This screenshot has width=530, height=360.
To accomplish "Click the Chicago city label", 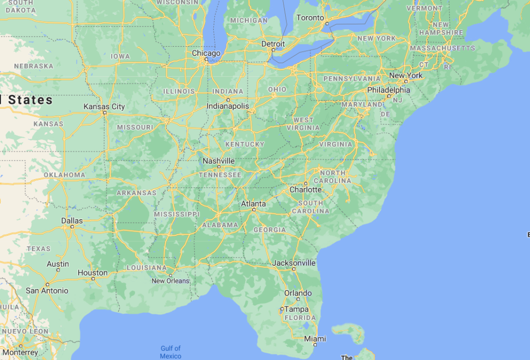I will click(x=206, y=53).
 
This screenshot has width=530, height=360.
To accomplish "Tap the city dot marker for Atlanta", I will click(x=254, y=210).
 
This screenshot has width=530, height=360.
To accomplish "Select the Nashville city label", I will click(x=218, y=161).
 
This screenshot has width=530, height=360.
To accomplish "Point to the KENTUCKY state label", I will click(x=244, y=144).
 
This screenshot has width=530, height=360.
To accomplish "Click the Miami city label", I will click(x=315, y=338).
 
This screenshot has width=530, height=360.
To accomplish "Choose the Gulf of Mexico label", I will click(x=171, y=352).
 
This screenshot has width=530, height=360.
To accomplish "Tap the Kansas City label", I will click(x=104, y=107).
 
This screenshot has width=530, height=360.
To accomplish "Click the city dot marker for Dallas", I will click(x=72, y=227).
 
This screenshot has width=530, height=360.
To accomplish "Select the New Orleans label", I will click(x=170, y=281).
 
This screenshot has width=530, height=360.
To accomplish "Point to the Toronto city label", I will click(x=310, y=18).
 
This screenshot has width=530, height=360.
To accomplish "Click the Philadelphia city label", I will click(x=388, y=90).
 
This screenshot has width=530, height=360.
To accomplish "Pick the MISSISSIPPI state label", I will click(x=176, y=214).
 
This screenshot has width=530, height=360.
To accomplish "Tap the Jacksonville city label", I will click(x=294, y=263).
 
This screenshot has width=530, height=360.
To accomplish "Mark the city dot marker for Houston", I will click(x=93, y=279).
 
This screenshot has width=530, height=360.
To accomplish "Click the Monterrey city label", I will click(x=21, y=352).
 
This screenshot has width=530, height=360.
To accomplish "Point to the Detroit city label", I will click(x=273, y=44).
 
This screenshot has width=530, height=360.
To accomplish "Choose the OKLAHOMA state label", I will click(x=64, y=175).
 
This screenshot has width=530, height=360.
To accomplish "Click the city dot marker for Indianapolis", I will click(x=228, y=99).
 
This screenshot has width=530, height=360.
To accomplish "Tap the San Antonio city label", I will click(x=47, y=291).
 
